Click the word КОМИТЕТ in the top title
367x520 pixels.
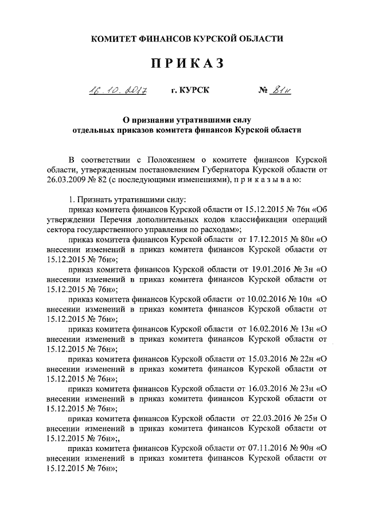click(x=115, y=38)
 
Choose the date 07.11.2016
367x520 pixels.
click(x=257, y=448)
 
